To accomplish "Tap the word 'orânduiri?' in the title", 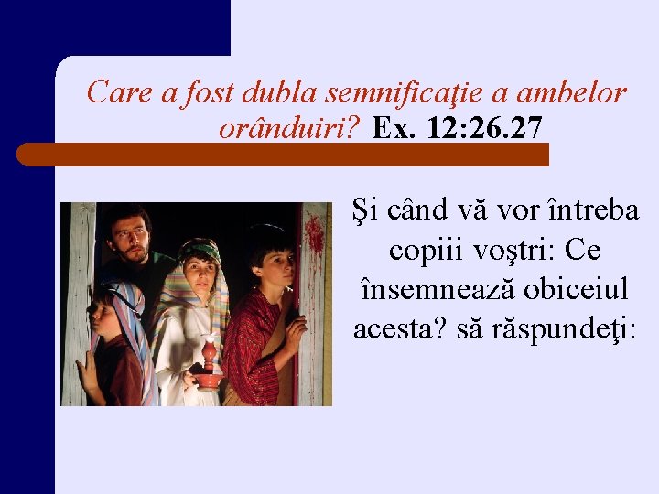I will click(291, 129).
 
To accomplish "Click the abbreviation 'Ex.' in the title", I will click(394, 129).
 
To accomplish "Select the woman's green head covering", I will click(199, 249).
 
